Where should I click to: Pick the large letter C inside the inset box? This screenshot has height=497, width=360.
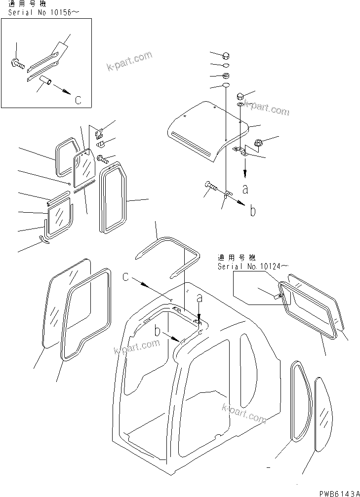coord(78,100)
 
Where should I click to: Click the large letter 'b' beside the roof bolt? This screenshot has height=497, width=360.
coord(253,211)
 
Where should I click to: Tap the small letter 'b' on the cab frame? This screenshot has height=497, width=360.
coord(158,332)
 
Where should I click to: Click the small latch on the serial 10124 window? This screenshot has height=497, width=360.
coord(278,296)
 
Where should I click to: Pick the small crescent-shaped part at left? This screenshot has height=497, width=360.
coord(44,239)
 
